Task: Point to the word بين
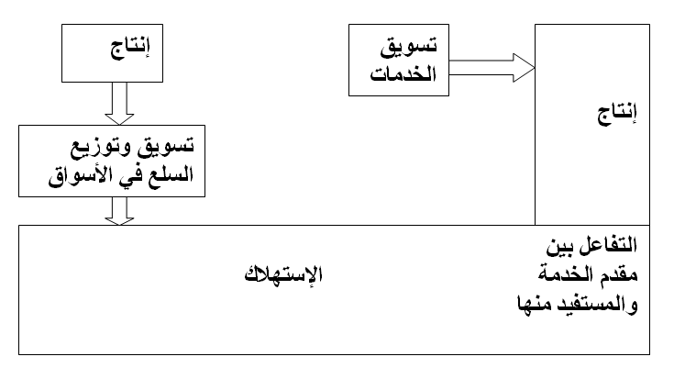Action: (x=558, y=249)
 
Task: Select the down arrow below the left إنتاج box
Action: (x=119, y=103)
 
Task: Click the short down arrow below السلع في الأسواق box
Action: (x=119, y=213)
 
